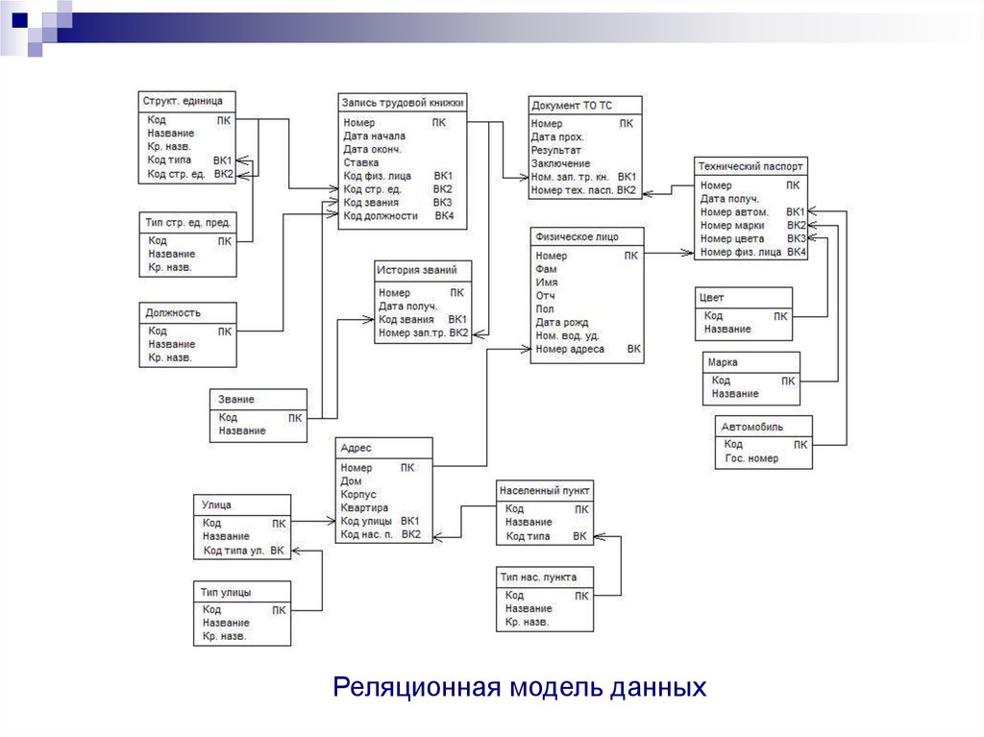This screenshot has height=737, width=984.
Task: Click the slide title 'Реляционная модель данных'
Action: click(519, 688)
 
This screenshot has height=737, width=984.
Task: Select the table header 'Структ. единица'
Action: click(183, 100)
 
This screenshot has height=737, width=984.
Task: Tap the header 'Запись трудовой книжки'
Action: click(403, 100)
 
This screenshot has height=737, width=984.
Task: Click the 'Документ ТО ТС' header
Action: click(571, 105)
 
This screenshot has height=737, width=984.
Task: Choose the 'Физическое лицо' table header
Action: click(577, 236)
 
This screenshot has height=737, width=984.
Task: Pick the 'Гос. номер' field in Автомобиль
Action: click(751, 458)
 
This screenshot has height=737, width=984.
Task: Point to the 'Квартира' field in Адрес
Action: click(364, 507)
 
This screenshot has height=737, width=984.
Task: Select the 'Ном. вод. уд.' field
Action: click(567, 336)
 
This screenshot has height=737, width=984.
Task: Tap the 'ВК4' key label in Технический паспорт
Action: click(796, 252)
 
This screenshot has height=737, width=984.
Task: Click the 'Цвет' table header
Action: click(714, 298)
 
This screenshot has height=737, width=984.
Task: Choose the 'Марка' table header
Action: click(723, 362)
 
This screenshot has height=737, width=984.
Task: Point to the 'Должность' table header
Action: click(174, 312)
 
